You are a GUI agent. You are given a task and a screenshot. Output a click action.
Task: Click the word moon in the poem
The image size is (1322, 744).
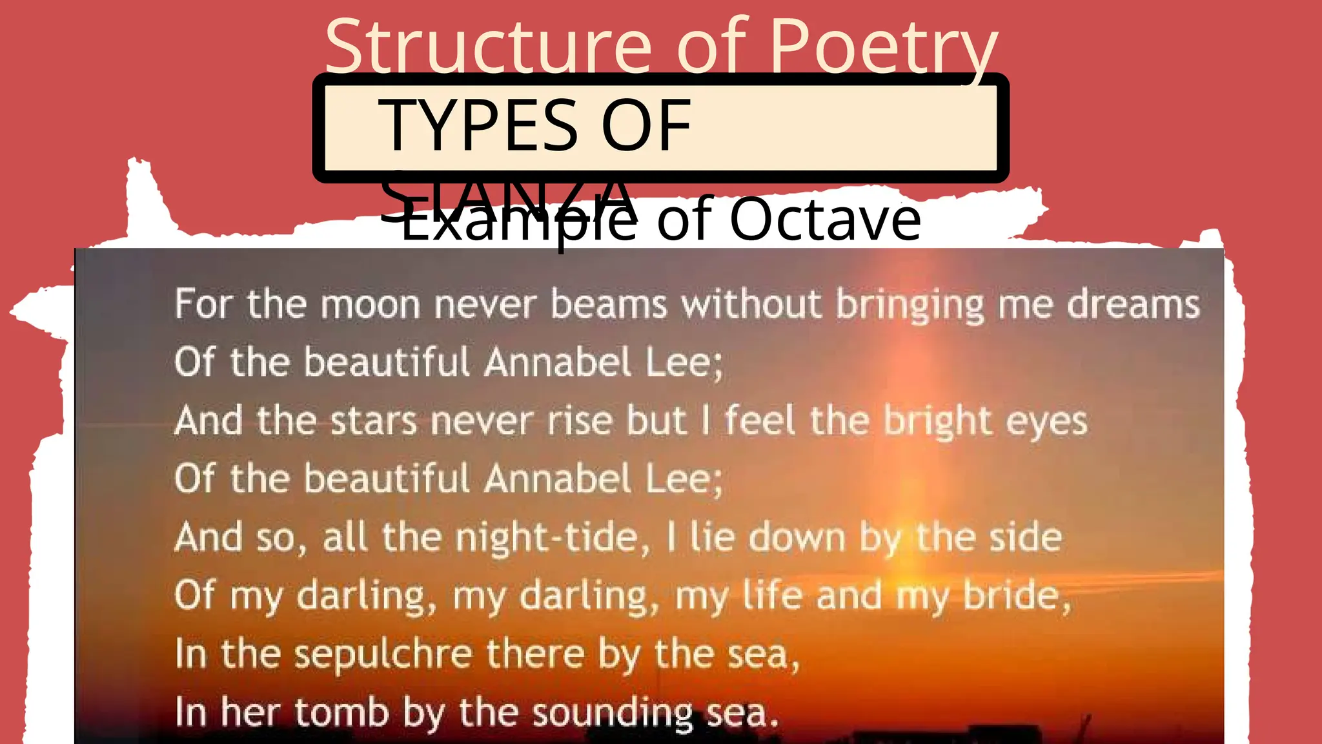click(x=370, y=304)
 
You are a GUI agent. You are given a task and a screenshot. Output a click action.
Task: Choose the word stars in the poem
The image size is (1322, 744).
click(x=373, y=421)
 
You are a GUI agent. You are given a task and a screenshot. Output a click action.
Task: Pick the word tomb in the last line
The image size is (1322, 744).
click(x=341, y=712)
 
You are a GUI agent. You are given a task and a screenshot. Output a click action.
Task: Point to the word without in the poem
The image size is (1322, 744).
click(x=752, y=304)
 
